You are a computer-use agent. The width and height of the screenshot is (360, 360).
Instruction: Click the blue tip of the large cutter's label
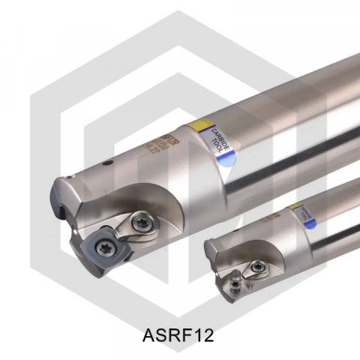pyautogui.click(x=223, y=156)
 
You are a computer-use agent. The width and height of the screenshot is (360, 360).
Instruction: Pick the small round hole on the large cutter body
pyautogui.click(x=108, y=162)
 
